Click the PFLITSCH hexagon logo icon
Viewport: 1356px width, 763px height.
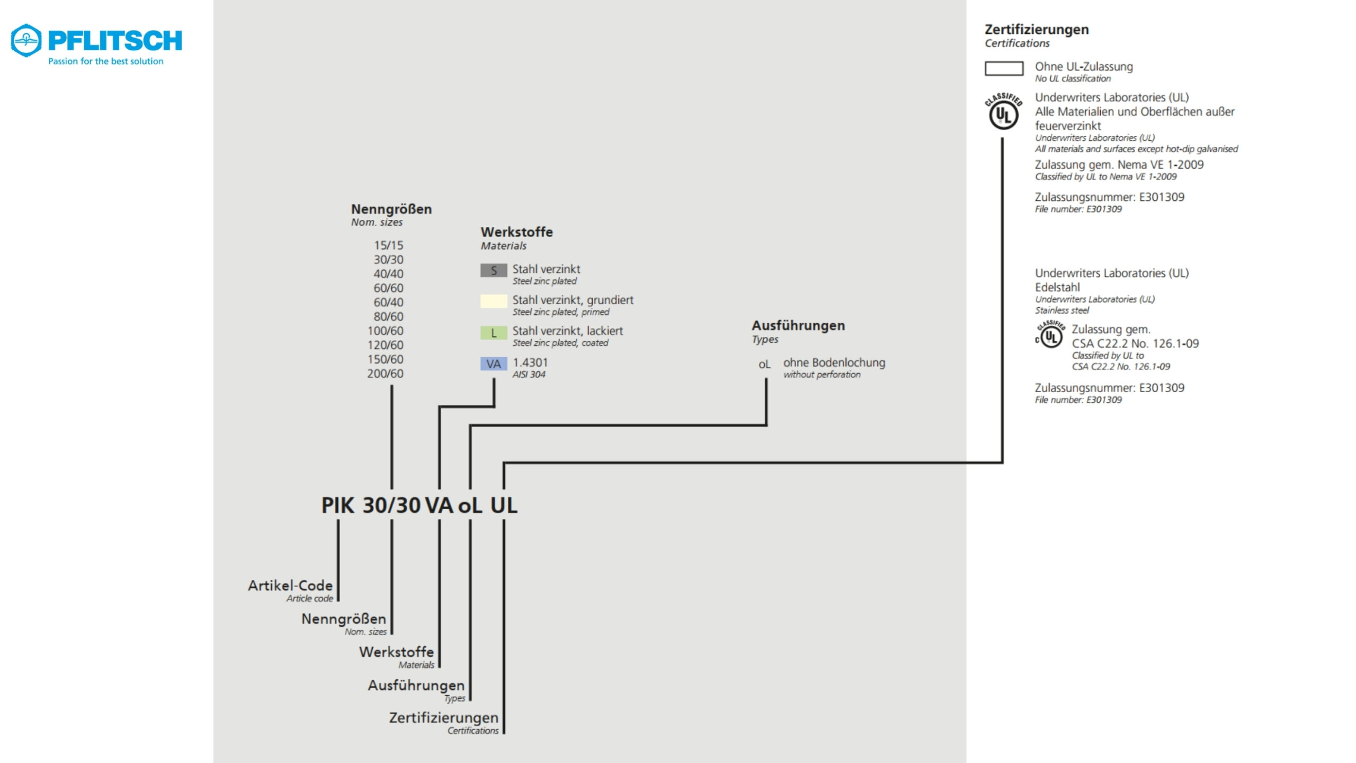[26, 40]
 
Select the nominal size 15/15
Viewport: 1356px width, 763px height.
[388, 245]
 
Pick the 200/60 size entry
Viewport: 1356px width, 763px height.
[385, 374]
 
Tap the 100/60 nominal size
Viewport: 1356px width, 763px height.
[385, 331]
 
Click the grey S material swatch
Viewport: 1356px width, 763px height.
[493, 271]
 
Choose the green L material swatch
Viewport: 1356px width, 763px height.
[493, 333]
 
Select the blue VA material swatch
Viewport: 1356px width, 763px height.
[493, 364]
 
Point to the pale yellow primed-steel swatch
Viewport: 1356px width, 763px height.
[493, 301]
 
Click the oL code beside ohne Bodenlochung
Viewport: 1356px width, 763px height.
[764, 365]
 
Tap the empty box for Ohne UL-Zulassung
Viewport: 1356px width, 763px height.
[1004, 69]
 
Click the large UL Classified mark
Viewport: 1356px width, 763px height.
[1003, 112]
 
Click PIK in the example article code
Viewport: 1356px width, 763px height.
[337, 505]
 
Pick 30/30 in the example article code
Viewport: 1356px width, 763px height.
[391, 505]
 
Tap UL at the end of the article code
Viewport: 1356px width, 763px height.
[503, 505]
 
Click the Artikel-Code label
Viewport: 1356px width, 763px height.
[290, 585]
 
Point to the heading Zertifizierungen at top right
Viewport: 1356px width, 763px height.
[1037, 30]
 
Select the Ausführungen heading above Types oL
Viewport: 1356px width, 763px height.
[798, 325]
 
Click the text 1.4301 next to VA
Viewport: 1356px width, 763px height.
[530, 362]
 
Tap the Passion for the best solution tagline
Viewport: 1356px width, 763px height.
[106, 61]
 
